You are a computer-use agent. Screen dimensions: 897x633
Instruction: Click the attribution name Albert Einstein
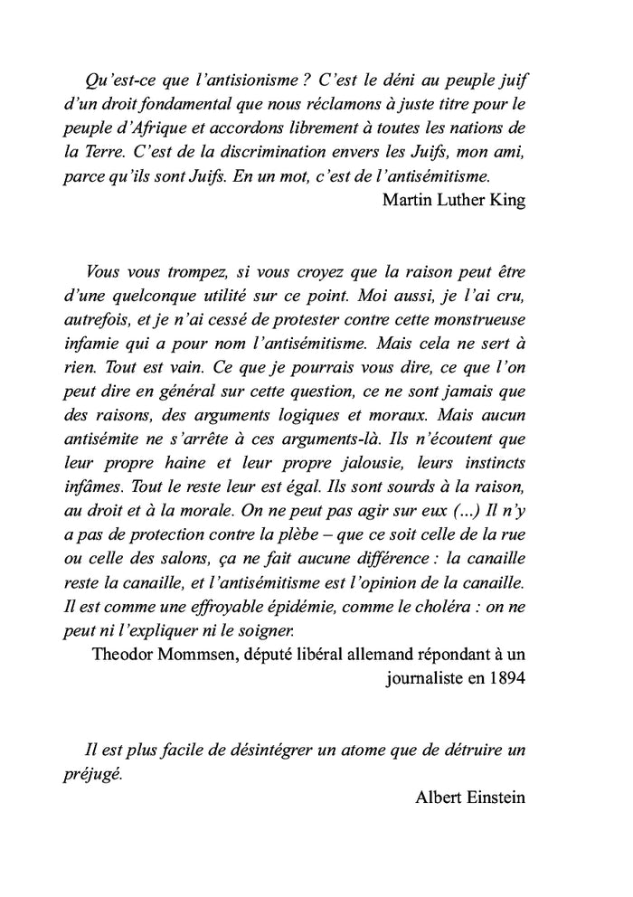pyautogui.click(x=470, y=798)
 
